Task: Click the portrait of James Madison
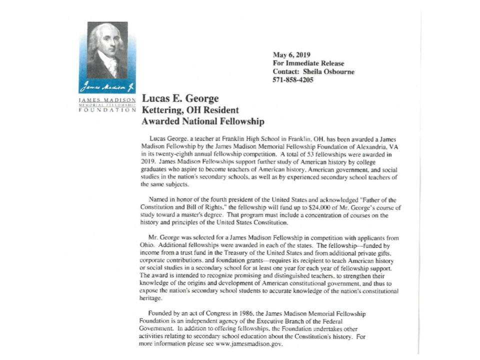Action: [x=107, y=49]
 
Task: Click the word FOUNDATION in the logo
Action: [x=107, y=110]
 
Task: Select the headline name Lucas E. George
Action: [x=180, y=99]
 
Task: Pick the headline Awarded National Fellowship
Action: [x=203, y=121]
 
